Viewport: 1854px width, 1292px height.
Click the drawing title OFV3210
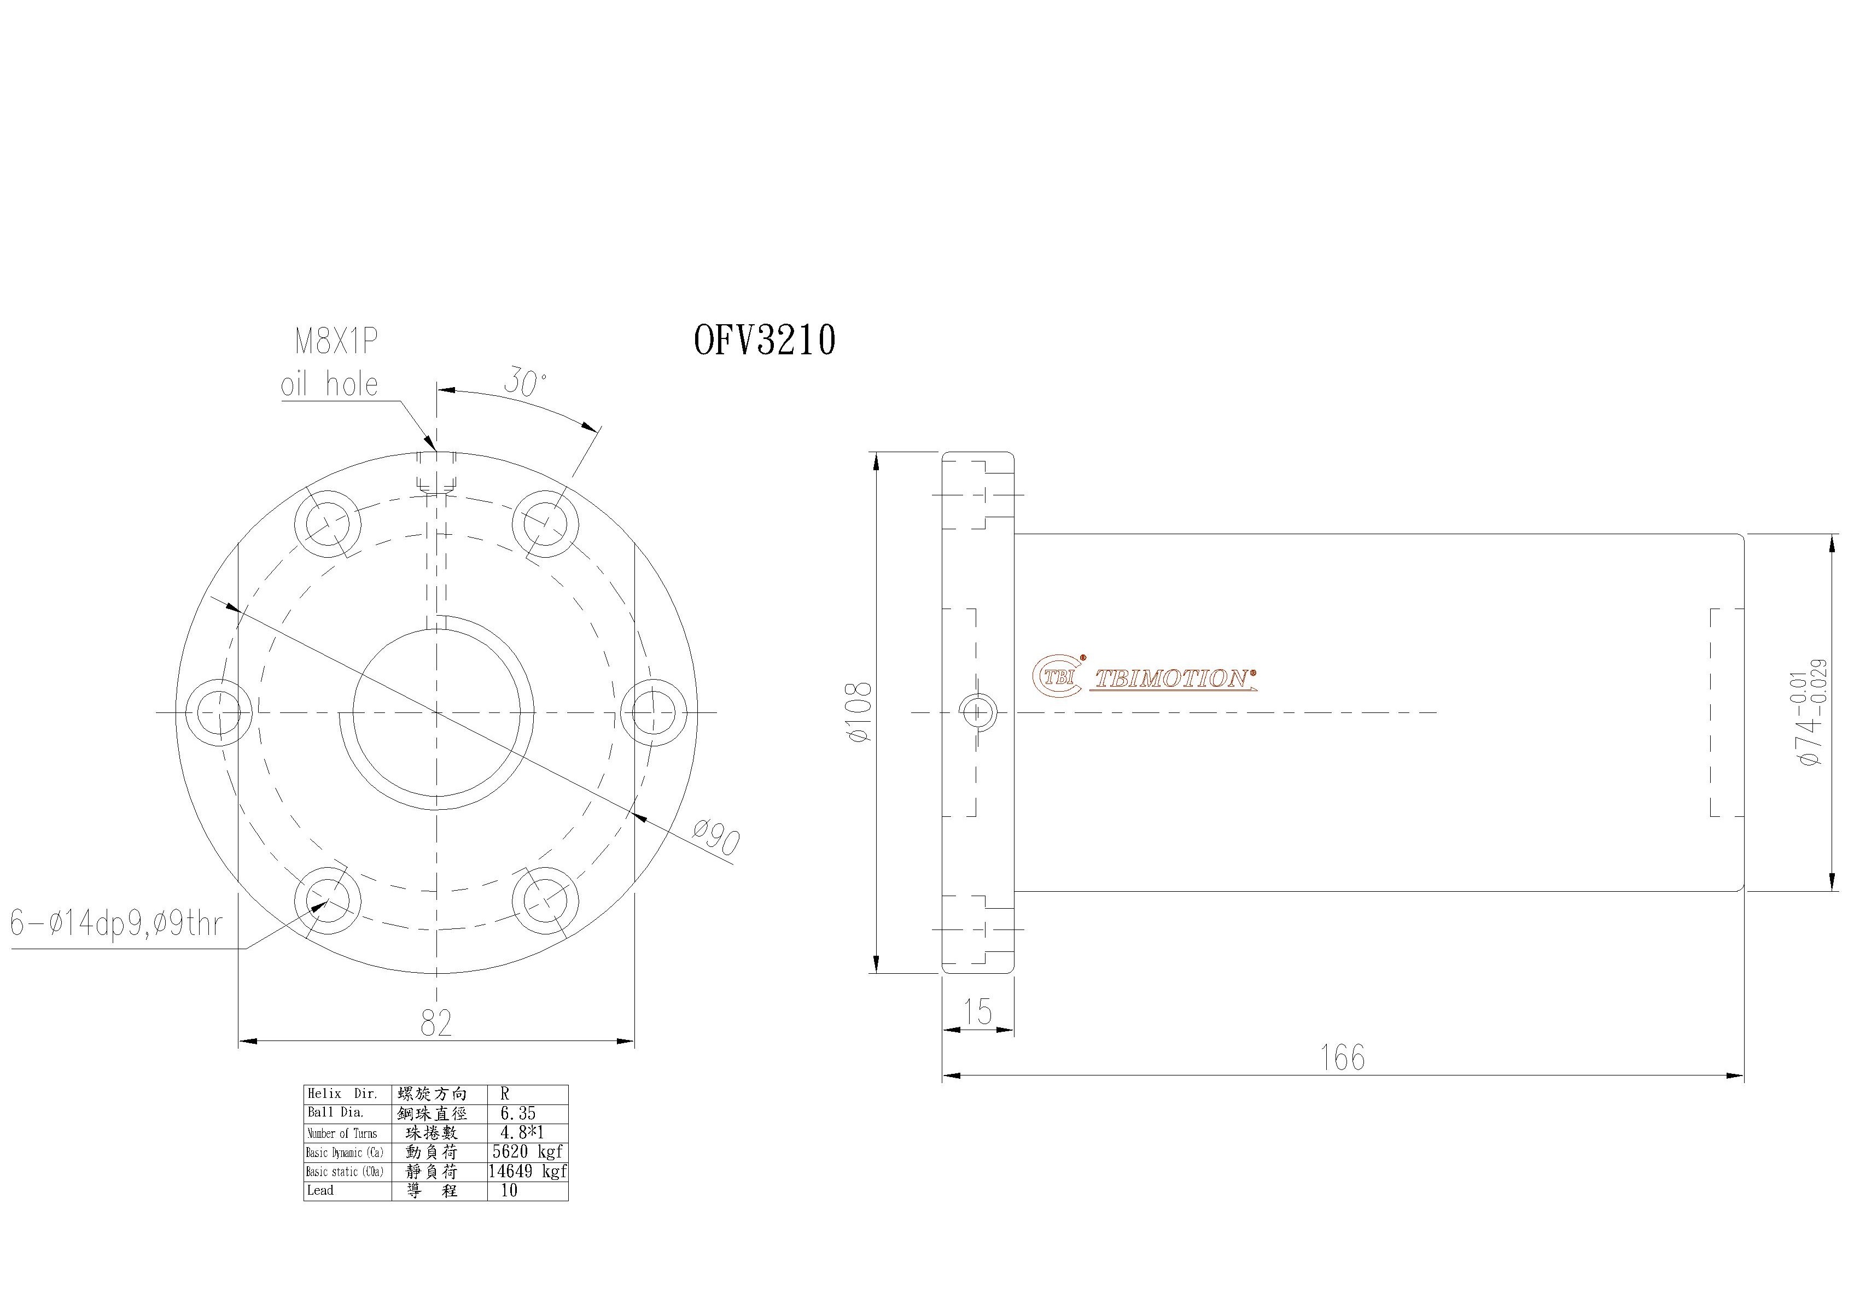click(764, 340)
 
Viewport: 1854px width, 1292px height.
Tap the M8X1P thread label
click(336, 342)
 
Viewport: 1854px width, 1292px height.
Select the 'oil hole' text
click(329, 384)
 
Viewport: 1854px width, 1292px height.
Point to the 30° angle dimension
click(525, 381)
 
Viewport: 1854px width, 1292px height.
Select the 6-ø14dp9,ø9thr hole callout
click(115, 923)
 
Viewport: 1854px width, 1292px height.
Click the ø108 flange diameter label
click(861, 711)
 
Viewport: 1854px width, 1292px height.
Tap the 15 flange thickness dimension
click(978, 1012)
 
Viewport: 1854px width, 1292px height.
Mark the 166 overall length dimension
click(1342, 1058)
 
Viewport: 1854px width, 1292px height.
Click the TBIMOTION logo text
click(1173, 679)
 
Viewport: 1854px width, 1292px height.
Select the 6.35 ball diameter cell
click(517, 1113)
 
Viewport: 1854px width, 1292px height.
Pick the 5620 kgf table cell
click(527, 1151)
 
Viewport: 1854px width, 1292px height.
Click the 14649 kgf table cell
click(527, 1171)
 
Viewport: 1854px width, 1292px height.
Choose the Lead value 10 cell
click(510, 1190)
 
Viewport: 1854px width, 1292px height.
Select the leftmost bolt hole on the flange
click(219, 712)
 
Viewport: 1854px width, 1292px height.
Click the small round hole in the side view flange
click(977, 711)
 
